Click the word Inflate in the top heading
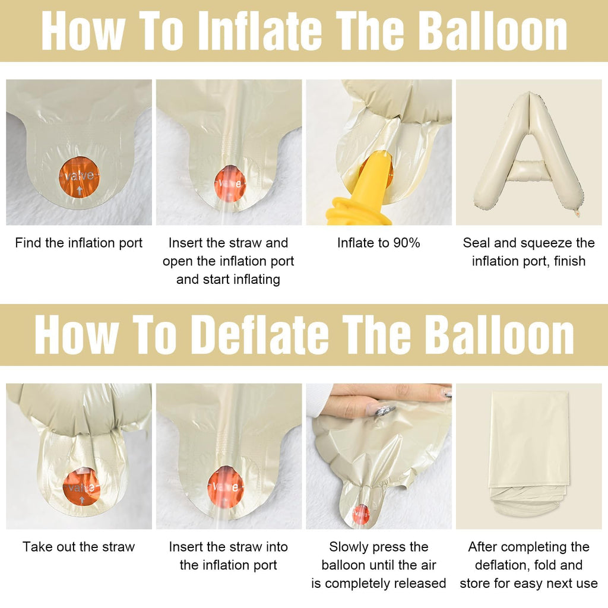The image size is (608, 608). pos(259,31)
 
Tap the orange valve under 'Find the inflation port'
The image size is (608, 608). pos(79,177)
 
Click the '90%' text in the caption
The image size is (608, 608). pos(406,243)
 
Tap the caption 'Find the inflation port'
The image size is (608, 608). pos(79,243)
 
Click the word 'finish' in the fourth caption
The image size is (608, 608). pos(569,261)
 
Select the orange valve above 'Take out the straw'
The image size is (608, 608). pos(81,488)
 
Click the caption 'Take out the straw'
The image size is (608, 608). pos(79,547)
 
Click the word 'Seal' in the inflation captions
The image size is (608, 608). pos(477,243)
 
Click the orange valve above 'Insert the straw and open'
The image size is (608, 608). pos(230,183)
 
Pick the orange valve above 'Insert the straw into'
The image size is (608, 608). pos(226,487)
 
